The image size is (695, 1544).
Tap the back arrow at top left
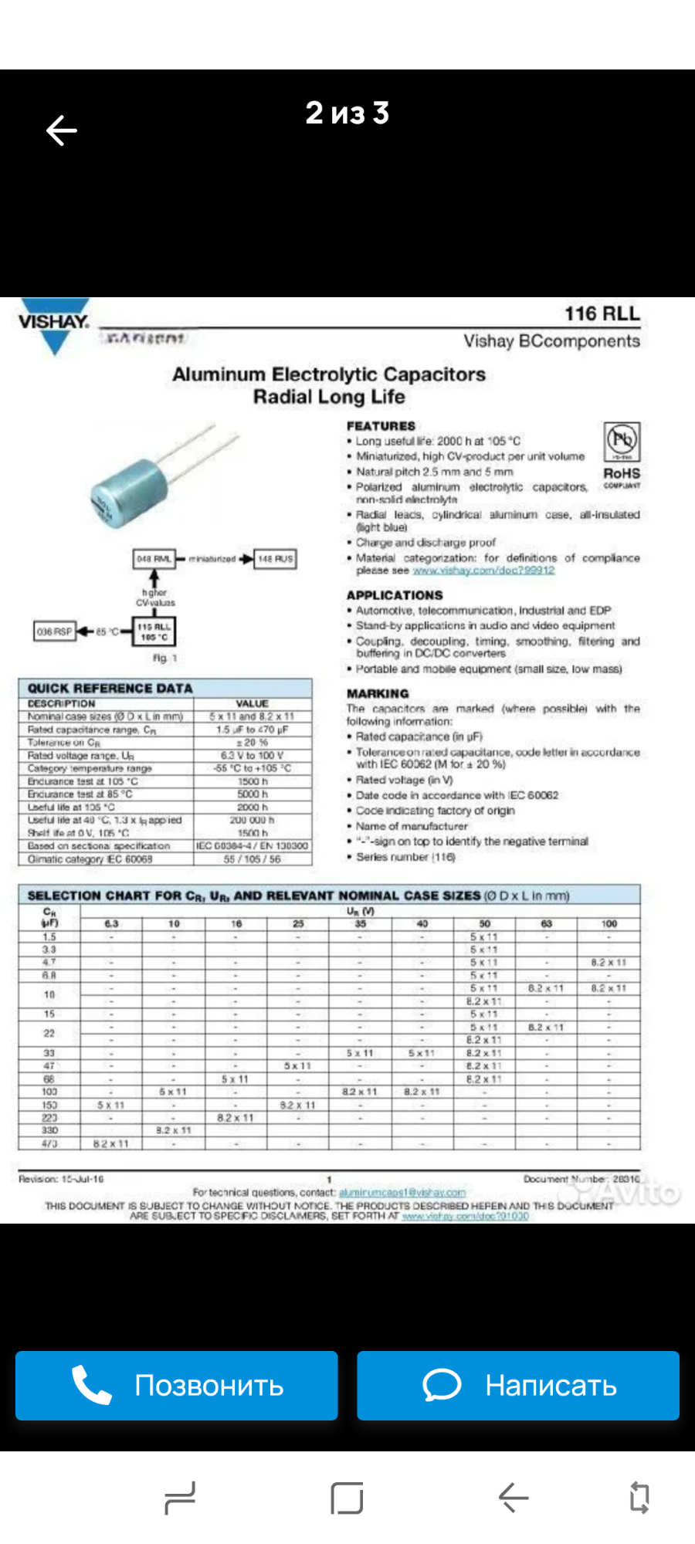tap(62, 130)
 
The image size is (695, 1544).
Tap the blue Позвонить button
tap(177, 1386)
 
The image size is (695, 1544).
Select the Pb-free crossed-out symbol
tap(622, 442)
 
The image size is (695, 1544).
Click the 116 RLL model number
tap(602, 313)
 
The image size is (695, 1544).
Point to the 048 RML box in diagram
tap(154, 559)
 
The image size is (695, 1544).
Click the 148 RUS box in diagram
tap(275, 559)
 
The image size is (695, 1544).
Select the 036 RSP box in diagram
tap(54, 631)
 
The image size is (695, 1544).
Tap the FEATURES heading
tap(381, 426)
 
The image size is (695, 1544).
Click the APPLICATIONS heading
tap(395, 595)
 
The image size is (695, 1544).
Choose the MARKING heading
tap(378, 693)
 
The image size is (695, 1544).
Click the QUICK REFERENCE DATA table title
tap(110, 688)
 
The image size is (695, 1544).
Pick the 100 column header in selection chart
tap(609, 923)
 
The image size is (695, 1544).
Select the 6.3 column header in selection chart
tap(111, 923)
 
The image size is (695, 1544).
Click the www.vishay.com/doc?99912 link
tap(483, 571)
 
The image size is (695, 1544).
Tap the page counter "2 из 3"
tap(347, 113)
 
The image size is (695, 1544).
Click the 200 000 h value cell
tap(252, 820)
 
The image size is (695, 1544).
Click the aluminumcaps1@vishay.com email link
tap(402, 1193)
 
